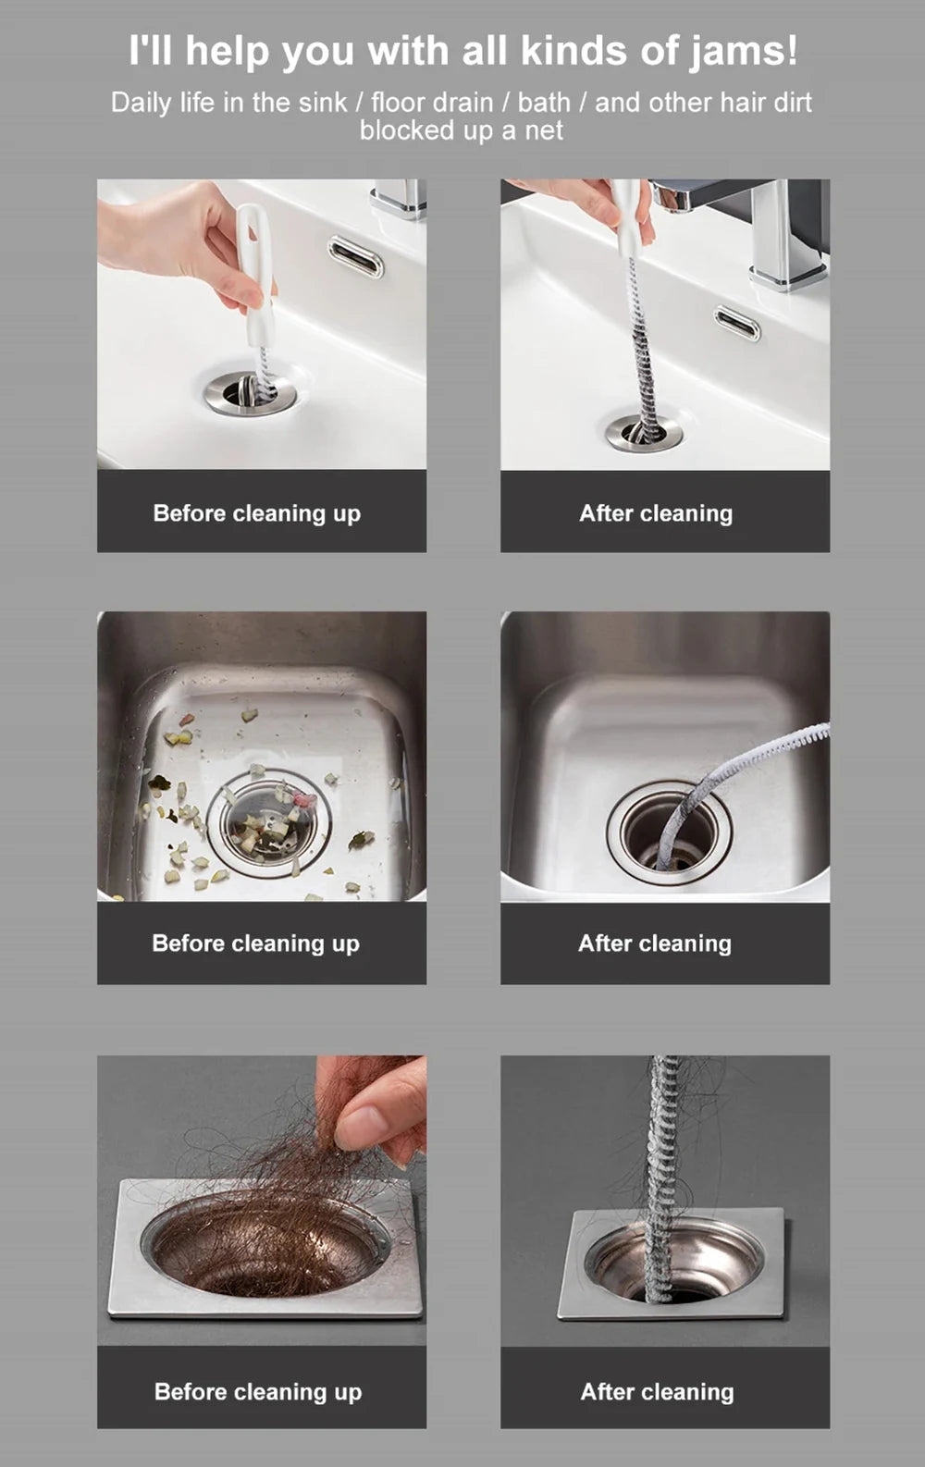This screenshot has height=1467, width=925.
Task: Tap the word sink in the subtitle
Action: coord(322,103)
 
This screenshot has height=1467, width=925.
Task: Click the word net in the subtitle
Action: coord(544,131)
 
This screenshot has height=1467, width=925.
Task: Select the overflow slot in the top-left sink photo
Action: coord(356,256)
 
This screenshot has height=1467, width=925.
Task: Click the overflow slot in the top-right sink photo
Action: coord(737,325)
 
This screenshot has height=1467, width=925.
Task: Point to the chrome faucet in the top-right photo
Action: coord(777,231)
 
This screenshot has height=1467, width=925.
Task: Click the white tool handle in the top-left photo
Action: coord(253,268)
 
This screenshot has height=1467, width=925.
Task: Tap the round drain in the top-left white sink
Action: coord(250,393)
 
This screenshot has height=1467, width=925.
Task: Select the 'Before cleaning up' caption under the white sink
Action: coord(257,513)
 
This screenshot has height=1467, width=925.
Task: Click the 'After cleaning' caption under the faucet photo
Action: coord(656,513)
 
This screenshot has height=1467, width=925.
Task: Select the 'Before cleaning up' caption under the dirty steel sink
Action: coord(256,943)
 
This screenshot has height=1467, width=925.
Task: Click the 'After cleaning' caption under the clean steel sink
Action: coord(655,943)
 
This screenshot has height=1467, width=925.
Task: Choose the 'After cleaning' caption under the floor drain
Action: coord(657,1392)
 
